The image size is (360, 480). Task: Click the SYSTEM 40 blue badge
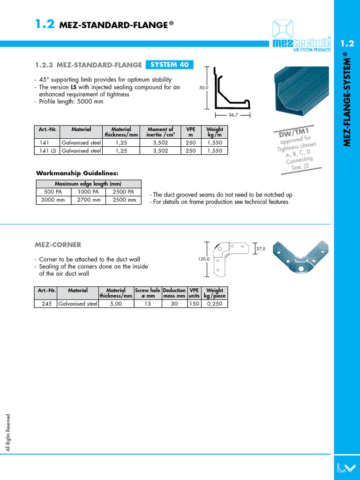click(x=169, y=65)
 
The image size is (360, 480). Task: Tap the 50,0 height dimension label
click(x=202, y=87)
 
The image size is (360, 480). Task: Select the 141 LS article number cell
click(x=47, y=150)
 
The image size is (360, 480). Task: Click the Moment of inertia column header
click(x=160, y=132)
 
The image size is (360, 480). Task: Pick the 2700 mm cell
click(x=89, y=200)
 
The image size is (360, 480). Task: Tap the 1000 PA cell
click(x=89, y=192)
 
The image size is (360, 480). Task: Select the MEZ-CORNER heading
click(x=58, y=244)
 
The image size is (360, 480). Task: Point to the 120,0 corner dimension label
click(x=202, y=258)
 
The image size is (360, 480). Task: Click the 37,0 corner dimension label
click(x=261, y=249)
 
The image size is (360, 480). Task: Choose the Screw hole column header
click(x=148, y=293)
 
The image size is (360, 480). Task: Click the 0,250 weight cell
click(x=214, y=303)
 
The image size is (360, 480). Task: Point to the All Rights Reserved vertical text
click(x=8, y=432)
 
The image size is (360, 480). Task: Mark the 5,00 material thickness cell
click(x=116, y=303)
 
